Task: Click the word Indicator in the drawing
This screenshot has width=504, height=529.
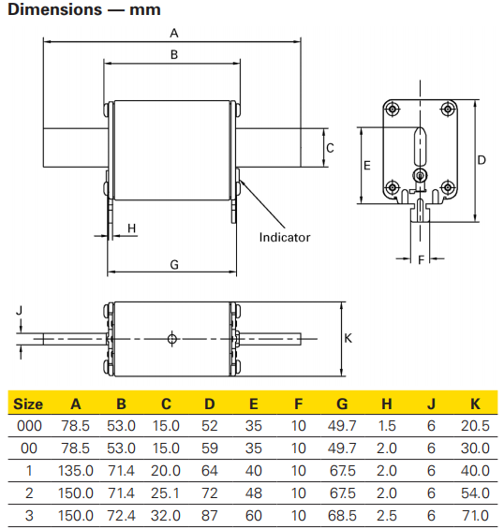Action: [285, 238]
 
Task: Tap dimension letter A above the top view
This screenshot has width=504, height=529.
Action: [174, 33]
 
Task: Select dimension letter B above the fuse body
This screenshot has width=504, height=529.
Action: [174, 54]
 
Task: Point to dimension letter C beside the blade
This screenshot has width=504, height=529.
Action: [330, 148]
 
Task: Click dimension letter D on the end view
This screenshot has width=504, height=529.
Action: [482, 160]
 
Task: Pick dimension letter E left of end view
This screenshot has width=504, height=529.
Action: [367, 166]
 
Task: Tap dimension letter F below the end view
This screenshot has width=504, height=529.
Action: [421, 259]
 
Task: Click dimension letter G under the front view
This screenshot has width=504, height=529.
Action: [174, 265]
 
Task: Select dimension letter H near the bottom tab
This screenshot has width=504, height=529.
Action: [132, 228]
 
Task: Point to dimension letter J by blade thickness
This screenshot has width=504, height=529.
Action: [20, 310]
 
